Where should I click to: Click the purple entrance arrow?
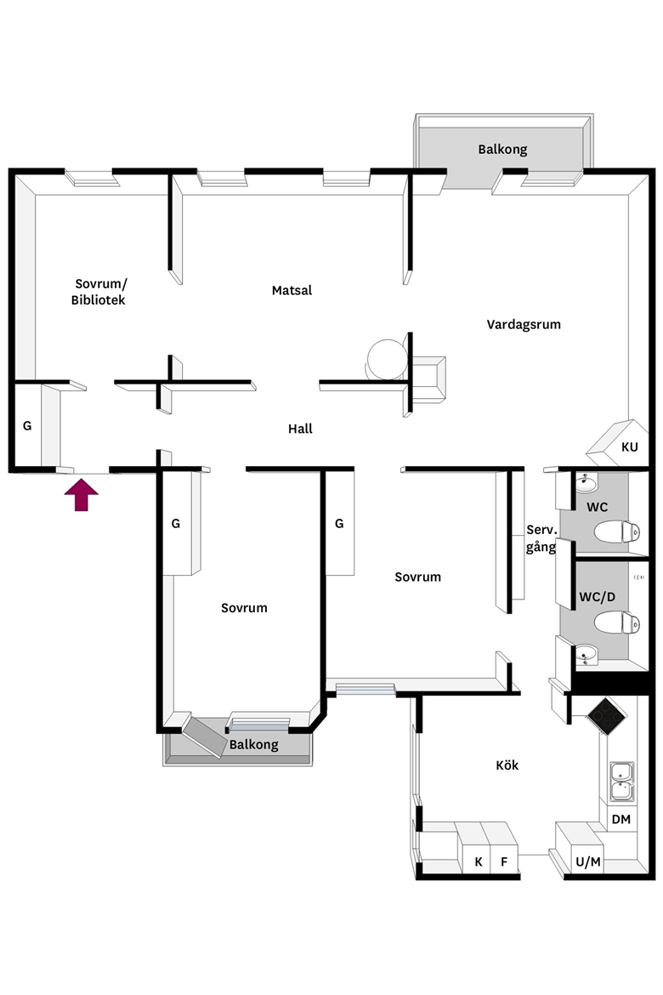tap(82, 495)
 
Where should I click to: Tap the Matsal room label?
tap(292, 291)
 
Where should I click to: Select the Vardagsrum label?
tap(524, 325)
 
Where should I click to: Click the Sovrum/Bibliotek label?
tap(99, 292)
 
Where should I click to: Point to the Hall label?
tap(300, 429)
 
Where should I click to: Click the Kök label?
tap(507, 765)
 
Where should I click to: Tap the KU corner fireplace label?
tap(629, 446)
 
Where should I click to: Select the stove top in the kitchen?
tap(607, 716)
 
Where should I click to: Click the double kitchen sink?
tap(621, 782)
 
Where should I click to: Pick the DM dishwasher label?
tap(621, 819)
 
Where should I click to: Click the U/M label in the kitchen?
tap(588, 861)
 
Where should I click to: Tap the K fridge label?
tap(479, 861)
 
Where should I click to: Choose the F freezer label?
tap(504, 861)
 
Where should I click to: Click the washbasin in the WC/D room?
tap(586, 654)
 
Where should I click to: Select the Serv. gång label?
tap(541, 538)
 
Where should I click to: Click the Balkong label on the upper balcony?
tap(502, 150)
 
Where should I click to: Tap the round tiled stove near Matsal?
tap(387, 360)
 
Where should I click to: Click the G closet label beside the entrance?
tap(27, 426)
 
